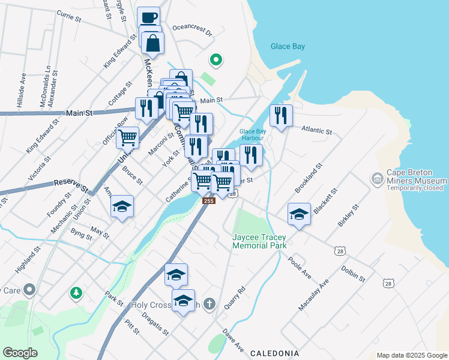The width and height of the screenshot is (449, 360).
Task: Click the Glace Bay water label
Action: [288, 46]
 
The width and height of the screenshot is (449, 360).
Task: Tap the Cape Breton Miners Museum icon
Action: [377, 178]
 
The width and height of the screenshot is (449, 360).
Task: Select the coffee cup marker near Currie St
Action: [148, 17]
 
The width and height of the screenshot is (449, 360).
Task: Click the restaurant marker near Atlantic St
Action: [280, 115]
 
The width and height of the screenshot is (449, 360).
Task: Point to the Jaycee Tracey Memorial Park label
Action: [259, 241]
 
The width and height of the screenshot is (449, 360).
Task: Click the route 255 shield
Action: [208, 201]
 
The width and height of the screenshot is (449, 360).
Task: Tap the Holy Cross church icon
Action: [208, 304]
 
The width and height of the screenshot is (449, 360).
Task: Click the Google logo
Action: [20, 353]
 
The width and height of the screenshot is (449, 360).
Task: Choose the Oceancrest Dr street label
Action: [192, 30]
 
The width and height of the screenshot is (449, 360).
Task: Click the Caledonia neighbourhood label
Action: [274, 353]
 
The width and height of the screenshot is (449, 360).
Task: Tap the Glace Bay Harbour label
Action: [252, 134]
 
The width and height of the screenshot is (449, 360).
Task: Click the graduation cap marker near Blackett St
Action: [298, 215]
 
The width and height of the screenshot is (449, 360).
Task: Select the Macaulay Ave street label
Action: [314, 294]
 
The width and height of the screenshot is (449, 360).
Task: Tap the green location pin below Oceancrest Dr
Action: [215, 59]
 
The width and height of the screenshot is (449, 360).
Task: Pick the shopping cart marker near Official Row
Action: [128, 137]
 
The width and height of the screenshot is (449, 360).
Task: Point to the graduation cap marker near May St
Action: [122, 207]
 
